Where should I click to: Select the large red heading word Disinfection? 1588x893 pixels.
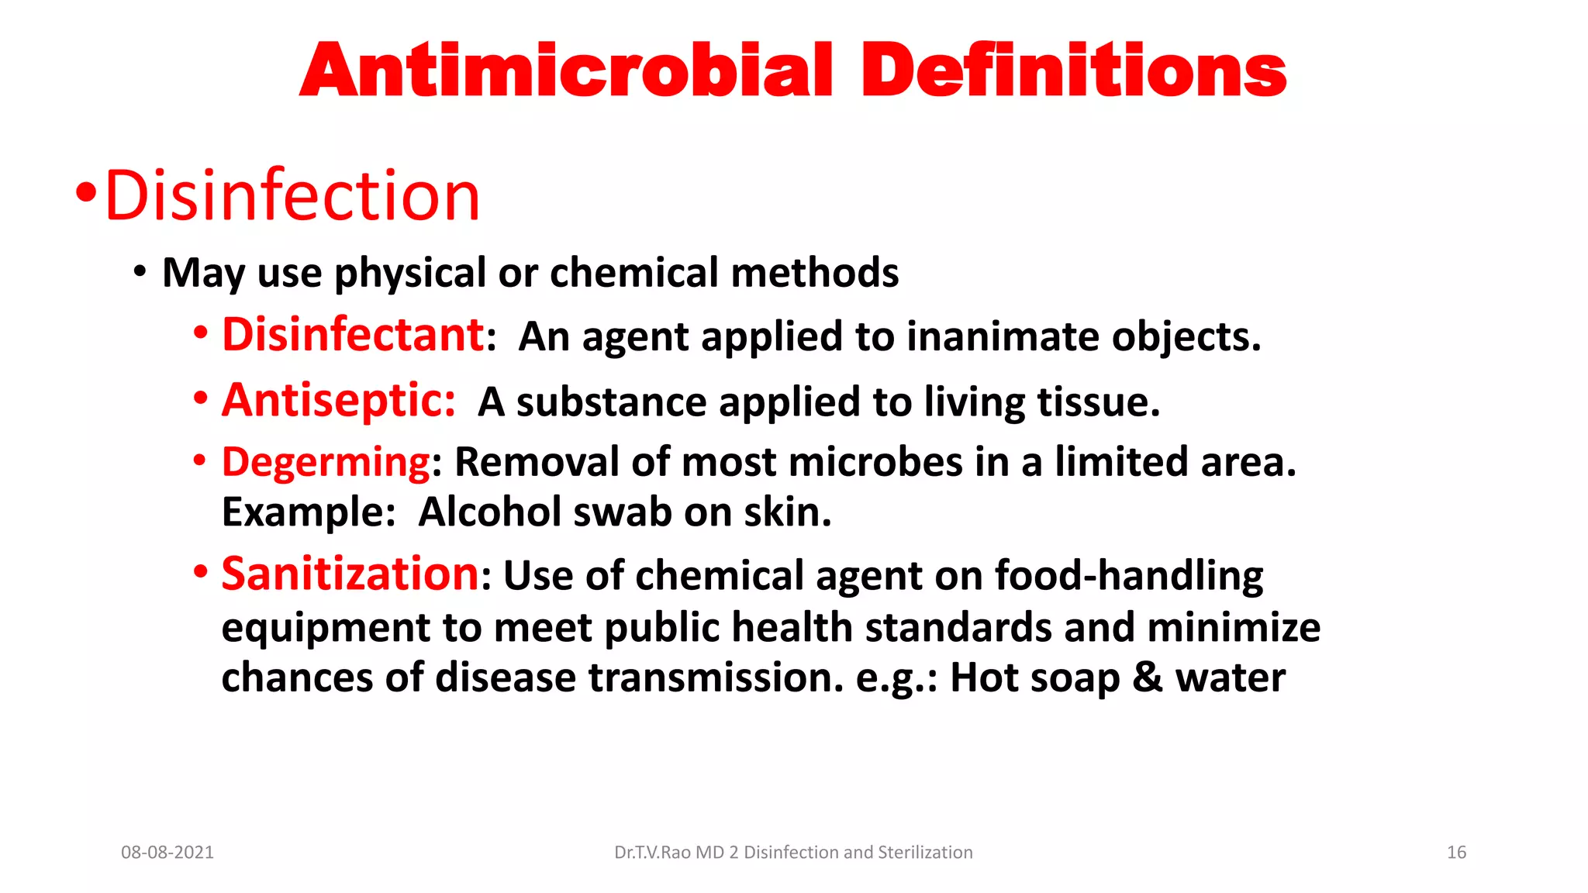coord(292,195)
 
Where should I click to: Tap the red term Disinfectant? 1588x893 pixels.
coord(354,335)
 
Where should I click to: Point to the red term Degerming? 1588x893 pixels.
coord(326,462)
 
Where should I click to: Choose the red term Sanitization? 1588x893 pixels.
coord(350,574)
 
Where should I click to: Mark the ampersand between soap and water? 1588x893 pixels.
coord(1147,678)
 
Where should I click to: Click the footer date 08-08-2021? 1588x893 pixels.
coord(167,853)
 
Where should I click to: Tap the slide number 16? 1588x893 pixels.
coord(1456,853)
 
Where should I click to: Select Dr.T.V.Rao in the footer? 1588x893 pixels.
coord(652,853)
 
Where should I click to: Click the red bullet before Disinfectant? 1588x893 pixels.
coord(201,334)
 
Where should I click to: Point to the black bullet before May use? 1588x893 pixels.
coord(140,272)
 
